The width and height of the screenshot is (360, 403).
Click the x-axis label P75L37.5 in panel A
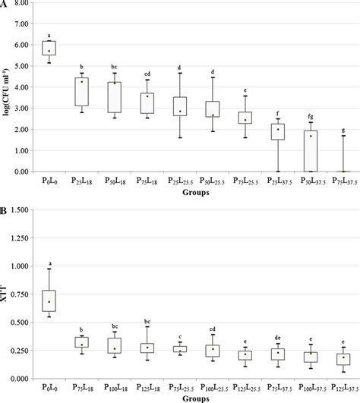[x=341, y=183]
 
